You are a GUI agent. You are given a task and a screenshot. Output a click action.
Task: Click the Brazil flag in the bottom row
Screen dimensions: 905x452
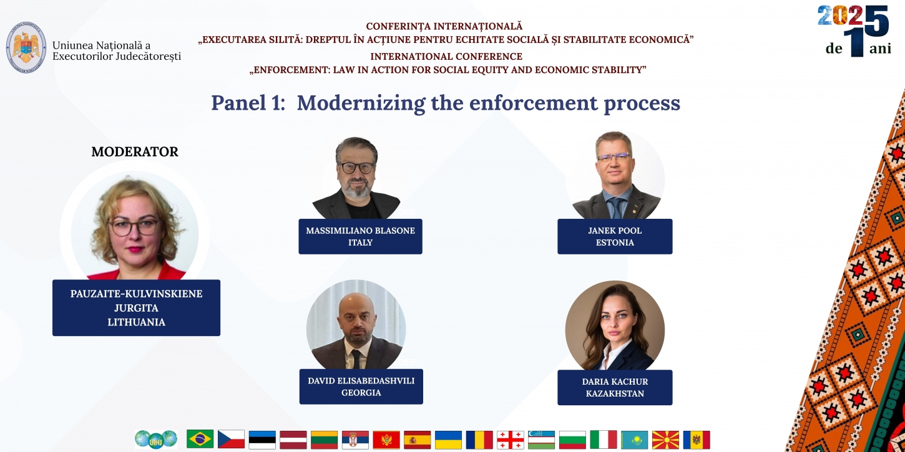[200, 439]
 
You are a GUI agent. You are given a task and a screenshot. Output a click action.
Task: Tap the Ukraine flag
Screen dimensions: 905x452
[449, 440]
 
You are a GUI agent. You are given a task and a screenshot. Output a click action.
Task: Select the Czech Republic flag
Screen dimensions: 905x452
[231, 439]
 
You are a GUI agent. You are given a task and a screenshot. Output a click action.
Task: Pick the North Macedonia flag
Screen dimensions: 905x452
[665, 440]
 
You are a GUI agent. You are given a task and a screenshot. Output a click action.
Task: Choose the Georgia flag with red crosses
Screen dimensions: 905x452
[511, 440]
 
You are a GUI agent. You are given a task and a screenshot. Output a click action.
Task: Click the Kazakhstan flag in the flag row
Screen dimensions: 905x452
[634, 440]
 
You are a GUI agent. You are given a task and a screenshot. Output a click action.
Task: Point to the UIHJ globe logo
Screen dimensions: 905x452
[156, 439]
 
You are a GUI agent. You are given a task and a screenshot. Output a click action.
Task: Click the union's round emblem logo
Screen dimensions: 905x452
[26, 47]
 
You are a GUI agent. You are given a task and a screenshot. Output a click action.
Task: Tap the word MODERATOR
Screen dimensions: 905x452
[135, 151]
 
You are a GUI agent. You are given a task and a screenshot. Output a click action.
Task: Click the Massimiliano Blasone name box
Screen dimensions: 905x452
[360, 236]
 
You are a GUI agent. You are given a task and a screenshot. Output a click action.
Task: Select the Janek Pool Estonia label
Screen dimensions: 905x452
[615, 236]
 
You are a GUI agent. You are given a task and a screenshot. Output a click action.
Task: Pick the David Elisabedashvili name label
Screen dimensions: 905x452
[361, 387]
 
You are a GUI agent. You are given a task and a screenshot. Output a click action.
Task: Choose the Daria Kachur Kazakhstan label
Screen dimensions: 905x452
[615, 387]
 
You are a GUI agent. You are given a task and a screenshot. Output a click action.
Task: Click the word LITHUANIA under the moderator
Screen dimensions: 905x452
[136, 322]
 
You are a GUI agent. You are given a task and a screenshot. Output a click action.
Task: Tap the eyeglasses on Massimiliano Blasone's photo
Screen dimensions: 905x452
[357, 168]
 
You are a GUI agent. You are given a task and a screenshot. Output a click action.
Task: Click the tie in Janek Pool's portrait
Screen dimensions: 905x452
[617, 208]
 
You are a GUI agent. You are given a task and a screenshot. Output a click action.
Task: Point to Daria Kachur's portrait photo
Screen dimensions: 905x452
[615, 325]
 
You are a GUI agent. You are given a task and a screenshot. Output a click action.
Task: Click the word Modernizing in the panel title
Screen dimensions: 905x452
[361, 103]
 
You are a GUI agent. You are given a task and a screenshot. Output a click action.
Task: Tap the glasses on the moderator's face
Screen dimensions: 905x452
[135, 227]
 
